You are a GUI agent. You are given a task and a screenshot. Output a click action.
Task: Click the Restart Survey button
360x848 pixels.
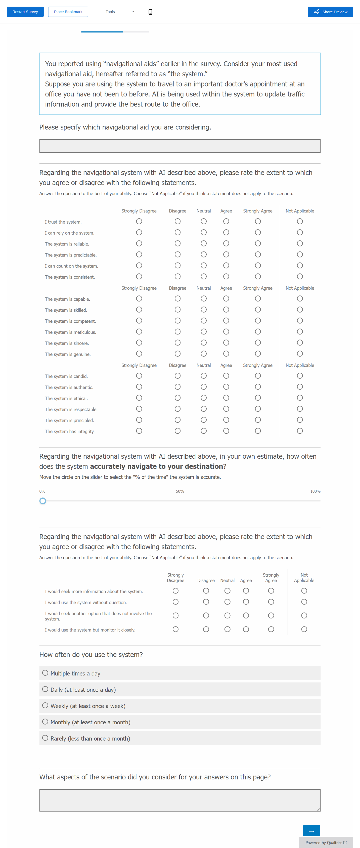click(25, 12)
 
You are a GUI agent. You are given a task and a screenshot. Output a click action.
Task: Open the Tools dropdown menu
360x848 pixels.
click(119, 12)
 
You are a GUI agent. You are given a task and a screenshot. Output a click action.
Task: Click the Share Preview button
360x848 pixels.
click(330, 12)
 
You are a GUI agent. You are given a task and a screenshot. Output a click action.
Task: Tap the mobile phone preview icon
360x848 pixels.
click(150, 12)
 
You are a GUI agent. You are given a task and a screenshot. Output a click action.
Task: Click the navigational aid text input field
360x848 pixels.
click(180, 146)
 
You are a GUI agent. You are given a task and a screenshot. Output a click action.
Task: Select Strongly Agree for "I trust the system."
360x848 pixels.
click(258, 222)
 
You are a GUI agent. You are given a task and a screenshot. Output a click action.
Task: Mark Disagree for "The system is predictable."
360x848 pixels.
click(177, 255)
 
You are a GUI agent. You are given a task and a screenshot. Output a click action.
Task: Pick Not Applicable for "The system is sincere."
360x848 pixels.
click(299, 343)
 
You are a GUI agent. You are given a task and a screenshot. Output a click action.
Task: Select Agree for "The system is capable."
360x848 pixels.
click(226, 299)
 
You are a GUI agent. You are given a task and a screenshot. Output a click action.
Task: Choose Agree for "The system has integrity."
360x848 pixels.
click(226, 431)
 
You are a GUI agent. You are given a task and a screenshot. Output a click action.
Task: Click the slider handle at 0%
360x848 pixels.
click(43, 501)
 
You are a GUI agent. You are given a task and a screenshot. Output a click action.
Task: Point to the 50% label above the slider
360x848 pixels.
click(180, 491)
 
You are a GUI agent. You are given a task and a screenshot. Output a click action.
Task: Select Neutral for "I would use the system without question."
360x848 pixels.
click(227, 602)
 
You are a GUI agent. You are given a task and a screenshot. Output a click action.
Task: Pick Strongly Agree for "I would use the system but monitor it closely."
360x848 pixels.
click(271, 629)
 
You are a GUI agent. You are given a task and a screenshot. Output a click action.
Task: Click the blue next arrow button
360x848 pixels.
click(311, 831)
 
